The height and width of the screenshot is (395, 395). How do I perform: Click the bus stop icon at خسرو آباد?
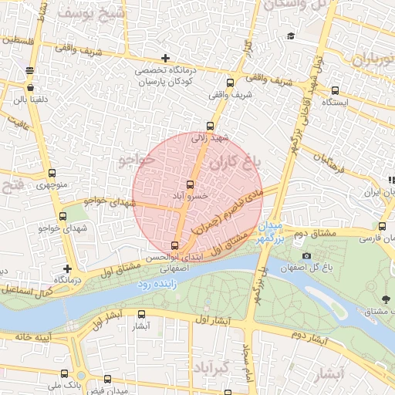tap(191, 184)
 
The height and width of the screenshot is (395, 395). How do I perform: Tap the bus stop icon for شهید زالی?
tap(210, 126)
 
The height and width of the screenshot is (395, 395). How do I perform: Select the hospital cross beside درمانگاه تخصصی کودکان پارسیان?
tap(165, 58)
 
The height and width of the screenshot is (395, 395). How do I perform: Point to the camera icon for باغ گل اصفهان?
tap(307, 255)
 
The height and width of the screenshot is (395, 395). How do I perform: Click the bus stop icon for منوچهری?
tap(52, 174)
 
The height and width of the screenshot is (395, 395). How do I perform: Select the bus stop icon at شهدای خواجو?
tap(62, 216)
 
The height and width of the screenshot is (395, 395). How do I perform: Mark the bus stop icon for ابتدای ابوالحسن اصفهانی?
tap(174, 245)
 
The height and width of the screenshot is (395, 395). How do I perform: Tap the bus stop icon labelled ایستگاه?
tap(335, 90)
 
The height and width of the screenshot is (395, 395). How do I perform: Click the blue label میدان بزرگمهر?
tap(272, 231)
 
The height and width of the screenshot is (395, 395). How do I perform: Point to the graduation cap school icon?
tap(290, 35)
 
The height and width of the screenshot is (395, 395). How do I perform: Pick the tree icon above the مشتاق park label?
tap(385, 299)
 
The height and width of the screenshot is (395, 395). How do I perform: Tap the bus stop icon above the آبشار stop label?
tap(141, 314)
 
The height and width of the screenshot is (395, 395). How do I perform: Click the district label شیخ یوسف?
tap(86, 13)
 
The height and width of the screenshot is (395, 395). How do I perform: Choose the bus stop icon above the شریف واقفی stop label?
tap(229, 83)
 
